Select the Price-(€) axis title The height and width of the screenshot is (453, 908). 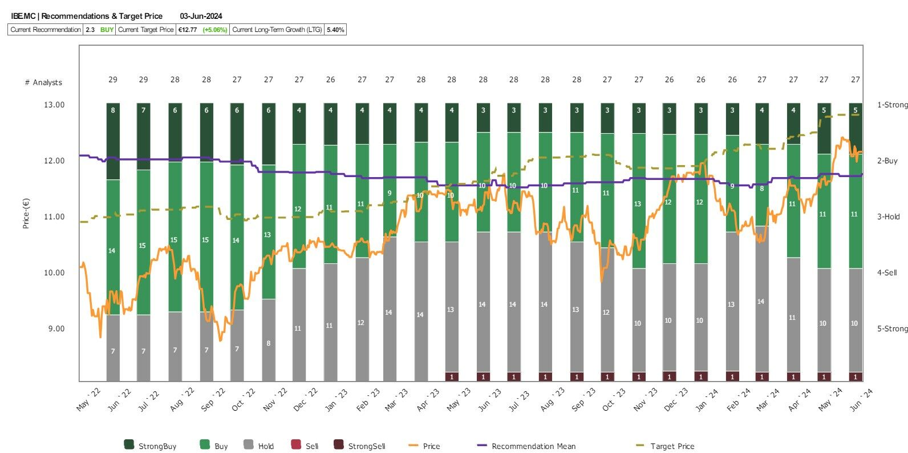[26, 213]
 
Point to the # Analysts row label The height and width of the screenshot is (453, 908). [43, 83]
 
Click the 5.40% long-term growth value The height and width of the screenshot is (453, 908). [335, 30]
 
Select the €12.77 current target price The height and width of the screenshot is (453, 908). [188, 30]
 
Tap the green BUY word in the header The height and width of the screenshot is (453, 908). [107, 30]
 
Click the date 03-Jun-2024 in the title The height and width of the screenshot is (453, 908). [201, 16]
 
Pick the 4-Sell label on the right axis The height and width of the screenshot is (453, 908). [887, 273]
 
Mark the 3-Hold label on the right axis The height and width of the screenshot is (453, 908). [888, 217]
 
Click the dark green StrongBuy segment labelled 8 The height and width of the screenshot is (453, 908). [113, 141]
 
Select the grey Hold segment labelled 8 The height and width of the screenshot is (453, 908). [269, 339]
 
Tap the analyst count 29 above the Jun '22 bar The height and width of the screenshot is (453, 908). [143, 80]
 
